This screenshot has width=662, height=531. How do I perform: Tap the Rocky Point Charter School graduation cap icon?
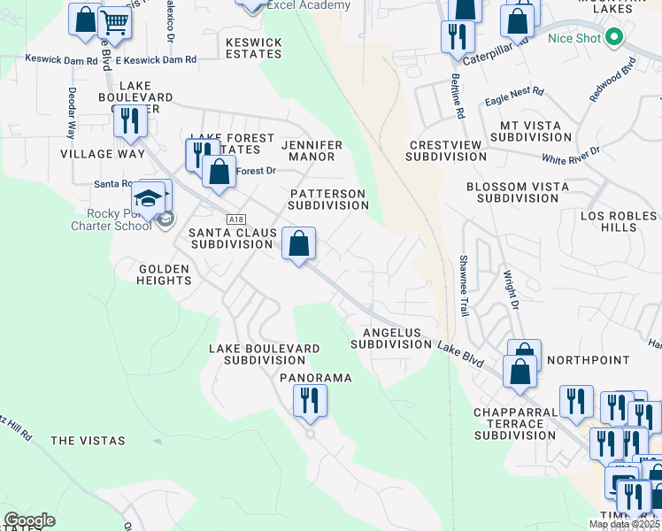tap(150, 198)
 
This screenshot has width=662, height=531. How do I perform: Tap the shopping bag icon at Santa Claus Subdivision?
tap(299, 242)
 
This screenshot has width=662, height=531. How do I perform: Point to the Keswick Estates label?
tap(253, 48)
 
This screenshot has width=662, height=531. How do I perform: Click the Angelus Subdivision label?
tap(390, 338)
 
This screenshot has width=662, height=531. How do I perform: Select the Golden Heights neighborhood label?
tap(165, 274)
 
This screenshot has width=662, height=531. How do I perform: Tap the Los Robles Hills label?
tap(620, 221)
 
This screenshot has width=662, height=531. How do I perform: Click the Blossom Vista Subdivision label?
tap(517, 193)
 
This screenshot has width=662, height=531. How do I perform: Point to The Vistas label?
tap(88, 441)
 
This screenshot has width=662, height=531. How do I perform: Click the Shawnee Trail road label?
tap(463, 286)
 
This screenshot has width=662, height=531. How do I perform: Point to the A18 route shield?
tap(235, 219)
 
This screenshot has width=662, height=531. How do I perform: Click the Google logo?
tap(29, 520)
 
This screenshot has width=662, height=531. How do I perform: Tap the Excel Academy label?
tap(296, 5)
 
